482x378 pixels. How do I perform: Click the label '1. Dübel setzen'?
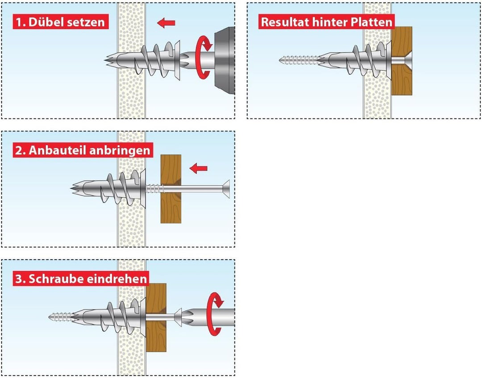coord(60,21)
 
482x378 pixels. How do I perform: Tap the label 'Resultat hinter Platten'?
coord(327,22)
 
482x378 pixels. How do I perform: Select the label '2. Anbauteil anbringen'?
coord(83,150)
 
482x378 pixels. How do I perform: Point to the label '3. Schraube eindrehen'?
coord(81,279)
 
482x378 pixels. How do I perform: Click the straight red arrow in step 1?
coord(166,22)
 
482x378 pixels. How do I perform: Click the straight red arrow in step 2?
coord(199,168)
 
